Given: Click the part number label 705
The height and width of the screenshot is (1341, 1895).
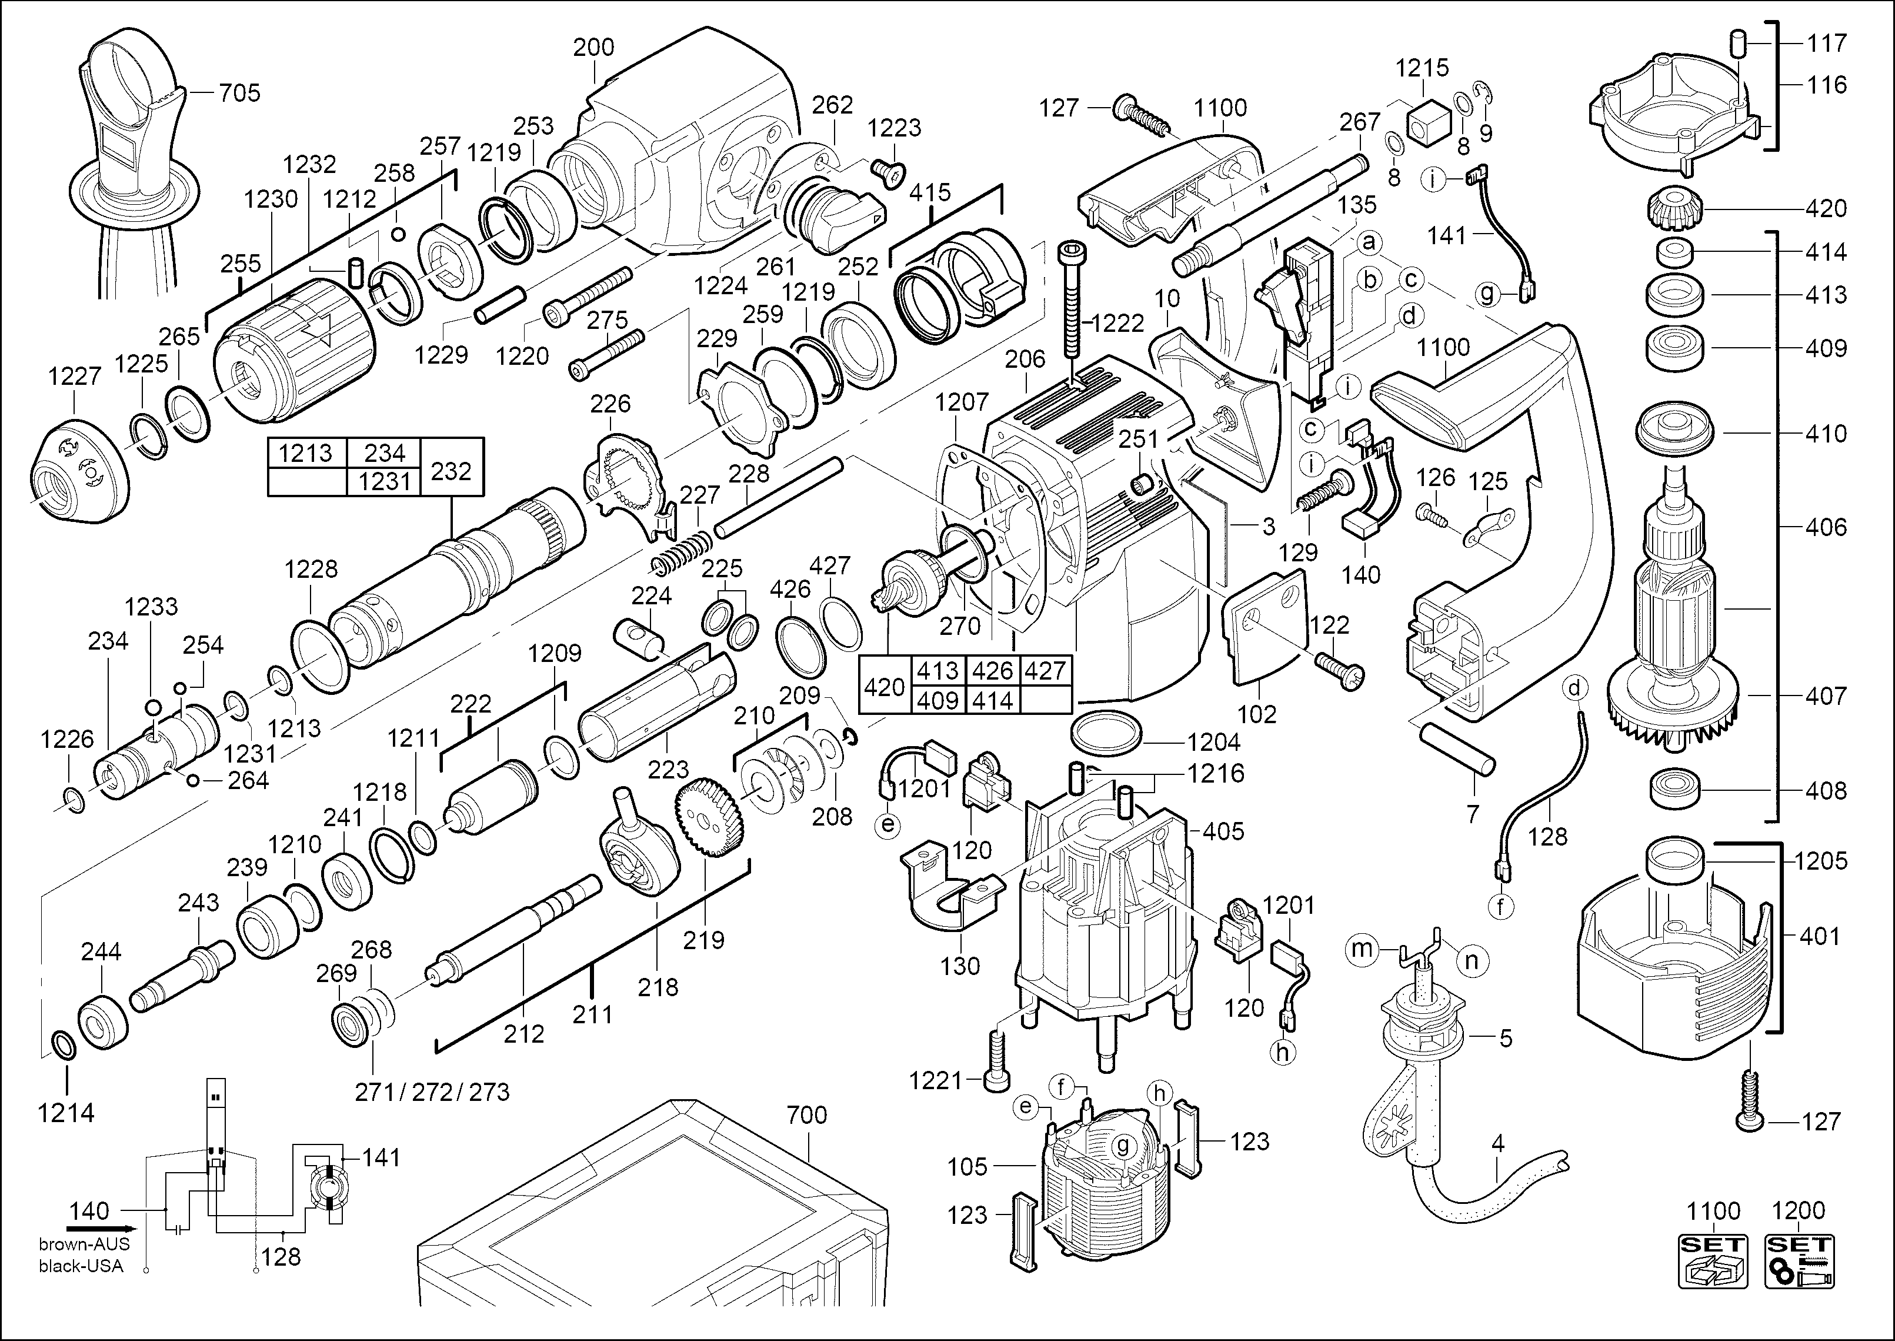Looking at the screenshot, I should (239, 92).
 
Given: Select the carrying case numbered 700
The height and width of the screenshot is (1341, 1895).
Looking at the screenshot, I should (652, 1222).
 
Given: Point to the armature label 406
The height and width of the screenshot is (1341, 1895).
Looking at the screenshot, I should (1826, 527).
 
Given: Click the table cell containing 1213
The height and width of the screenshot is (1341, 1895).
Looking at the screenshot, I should (305, 453).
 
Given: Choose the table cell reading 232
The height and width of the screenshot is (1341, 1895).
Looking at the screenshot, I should (451, 471).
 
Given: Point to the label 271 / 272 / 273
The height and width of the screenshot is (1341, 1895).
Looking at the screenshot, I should (432, 1093).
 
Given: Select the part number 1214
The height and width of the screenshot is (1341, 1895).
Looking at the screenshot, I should (65, 1113).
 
